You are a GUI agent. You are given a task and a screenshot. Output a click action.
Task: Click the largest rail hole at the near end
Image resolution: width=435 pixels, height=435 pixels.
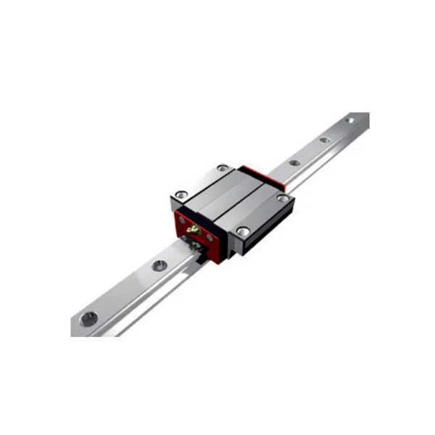(x=88, y=317)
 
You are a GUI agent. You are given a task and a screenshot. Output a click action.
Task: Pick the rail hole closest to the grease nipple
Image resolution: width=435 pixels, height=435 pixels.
(x=158, y=265)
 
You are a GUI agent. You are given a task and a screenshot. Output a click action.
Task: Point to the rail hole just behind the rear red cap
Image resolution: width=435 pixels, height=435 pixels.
(x=293, y=162)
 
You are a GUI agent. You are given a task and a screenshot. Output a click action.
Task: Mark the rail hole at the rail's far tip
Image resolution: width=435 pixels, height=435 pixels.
(x=350, y=120)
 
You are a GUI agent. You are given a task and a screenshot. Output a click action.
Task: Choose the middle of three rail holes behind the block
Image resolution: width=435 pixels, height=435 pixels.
(x=323, y=140)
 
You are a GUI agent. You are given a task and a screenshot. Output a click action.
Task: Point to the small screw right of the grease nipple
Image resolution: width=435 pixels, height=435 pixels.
(x=209, y=237)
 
